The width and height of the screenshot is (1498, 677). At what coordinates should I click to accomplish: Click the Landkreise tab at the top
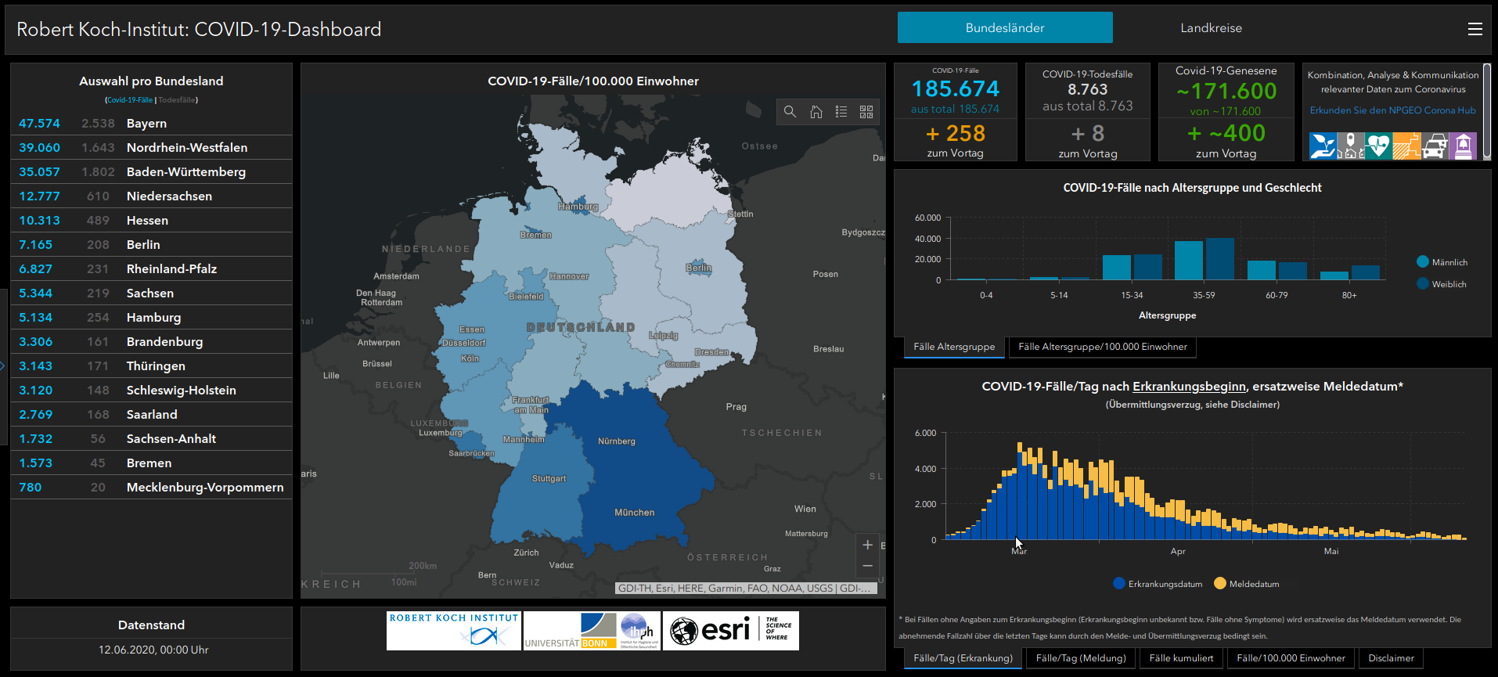pyautogui.click(x=1211, y=28)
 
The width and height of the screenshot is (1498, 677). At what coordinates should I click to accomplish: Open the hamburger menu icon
pyautogui.click(x=1475, y=29)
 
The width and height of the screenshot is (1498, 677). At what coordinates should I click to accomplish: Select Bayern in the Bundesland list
pyautogui.click(x=146, y=124)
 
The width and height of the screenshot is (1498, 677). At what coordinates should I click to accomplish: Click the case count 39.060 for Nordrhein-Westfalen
pyautogui.click(x=39, y=148)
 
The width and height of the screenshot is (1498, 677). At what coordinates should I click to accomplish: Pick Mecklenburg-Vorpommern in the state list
pyautogui.click(x=205, y=488)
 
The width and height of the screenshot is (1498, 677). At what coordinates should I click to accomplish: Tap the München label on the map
pyautogui.click(x=634, y=513)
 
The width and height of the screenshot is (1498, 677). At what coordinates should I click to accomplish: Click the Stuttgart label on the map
pyautogui.click(x=549, y=478)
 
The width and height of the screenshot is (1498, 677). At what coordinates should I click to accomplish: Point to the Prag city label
pyautogui.click(x=736, y=407)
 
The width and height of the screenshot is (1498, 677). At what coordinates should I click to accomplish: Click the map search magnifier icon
pyautogui.click(x=790, y=112)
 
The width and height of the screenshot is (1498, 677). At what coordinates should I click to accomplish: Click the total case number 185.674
pyautogui.click(x=955, y=89)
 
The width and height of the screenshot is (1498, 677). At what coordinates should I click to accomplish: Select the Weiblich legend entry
pyautogui.click(x=1448, y=284)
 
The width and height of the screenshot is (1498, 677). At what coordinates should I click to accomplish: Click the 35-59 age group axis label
pyautogui.click(x=1204, y=296)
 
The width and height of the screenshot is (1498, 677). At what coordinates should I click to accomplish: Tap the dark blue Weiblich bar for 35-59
pyautogui.click(x=1219, y=259)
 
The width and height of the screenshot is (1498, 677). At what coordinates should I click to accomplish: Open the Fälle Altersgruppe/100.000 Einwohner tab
pyautogui.click(x=1102, y=347)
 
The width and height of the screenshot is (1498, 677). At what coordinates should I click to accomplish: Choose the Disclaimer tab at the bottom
pyautogui.click(x=1391, y=658)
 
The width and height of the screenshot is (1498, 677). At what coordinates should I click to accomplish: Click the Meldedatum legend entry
pyautogui.click(x=1253, y=584)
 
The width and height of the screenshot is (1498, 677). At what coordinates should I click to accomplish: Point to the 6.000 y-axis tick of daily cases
pyautogui.click(x=925, y=433)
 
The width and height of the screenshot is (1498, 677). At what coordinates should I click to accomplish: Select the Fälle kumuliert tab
pyautogui.click(x=1181, y=658)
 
